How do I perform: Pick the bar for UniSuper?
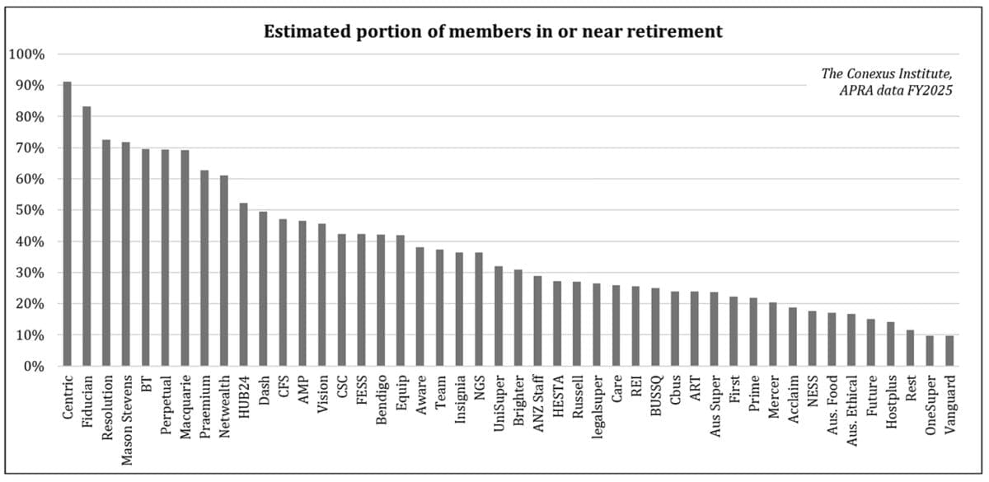pyautogui.click(x=499, y=316)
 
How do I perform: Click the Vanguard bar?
pyautogui.click(x=949, y=351)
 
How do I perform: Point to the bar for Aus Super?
pyautogui.click(x=714, y=330)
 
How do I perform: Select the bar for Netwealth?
pyautogui.click(x=223, y=271)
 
